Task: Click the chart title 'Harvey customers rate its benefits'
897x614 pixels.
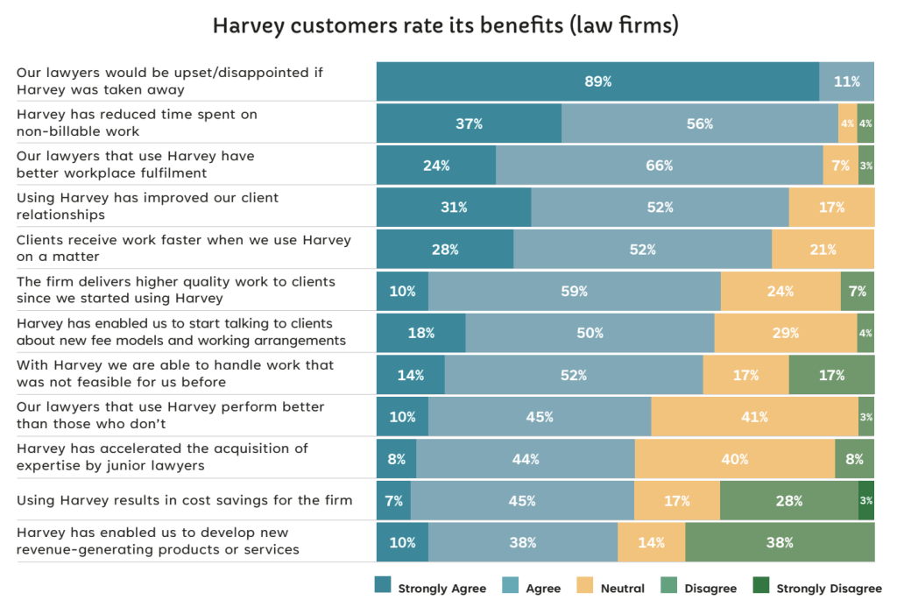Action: click(x=446, y=26)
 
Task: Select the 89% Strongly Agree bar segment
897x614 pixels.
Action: click(x=597, y=81)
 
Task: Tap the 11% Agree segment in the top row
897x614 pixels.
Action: click(x=846, y=81)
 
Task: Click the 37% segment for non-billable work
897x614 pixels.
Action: click(x=469, y=124)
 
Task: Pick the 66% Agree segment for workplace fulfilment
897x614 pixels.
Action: click(x=659, y=166)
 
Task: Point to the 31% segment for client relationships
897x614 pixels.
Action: click(x=454, y=208)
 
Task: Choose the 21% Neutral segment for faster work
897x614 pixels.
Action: click(x=823, y=250)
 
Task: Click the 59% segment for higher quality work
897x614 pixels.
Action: click(x=574, y=292)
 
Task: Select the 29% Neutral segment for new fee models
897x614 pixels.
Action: click(x=785, y=333)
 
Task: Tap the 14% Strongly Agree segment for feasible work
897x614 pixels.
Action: click(x=410, y=375)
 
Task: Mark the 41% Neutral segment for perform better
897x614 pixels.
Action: click(x=754, y=417)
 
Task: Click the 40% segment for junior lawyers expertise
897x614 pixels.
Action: click(x=734, y=459)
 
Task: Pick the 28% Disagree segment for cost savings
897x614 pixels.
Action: click(x=788, y=501)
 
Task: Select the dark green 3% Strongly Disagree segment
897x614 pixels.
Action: click(x=866, y=501)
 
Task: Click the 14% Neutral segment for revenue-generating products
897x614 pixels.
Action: click(x=651, y=542)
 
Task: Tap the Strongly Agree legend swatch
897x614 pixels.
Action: click(x=382, y=587)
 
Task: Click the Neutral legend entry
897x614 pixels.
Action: click(x=614, y=589)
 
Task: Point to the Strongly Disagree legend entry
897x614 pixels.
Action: click(x=820, y=589)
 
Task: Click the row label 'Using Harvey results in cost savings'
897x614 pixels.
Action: click(x=184, y=500)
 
